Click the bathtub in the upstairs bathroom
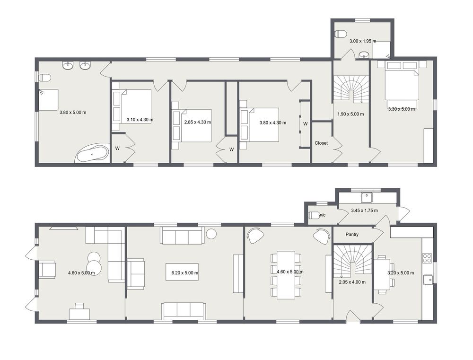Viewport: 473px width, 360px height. coord(92,153)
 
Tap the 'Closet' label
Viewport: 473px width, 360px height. coord(321,143)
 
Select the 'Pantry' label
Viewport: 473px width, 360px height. coord(352,235)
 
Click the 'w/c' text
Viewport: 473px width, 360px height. coord(322,215)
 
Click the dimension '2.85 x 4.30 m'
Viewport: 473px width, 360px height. coord(198,122)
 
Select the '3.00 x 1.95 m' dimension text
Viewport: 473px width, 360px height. coord(363,41)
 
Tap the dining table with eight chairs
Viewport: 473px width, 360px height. coord(286,274)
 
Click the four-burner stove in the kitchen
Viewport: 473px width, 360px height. coord(427,258)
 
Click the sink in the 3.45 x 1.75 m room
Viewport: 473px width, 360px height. coord(367,198)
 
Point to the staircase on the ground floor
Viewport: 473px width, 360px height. coord(352,261)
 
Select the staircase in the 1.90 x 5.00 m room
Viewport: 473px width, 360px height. coord(351,89)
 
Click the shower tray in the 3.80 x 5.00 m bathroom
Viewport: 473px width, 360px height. coord(48,100)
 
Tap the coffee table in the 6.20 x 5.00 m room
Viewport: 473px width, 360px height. coord(182,272)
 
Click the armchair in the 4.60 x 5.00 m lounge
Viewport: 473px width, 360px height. coord(47,269)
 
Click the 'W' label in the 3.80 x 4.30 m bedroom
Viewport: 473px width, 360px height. coord(305,124)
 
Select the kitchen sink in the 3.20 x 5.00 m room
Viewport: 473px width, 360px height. coord(428,280)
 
